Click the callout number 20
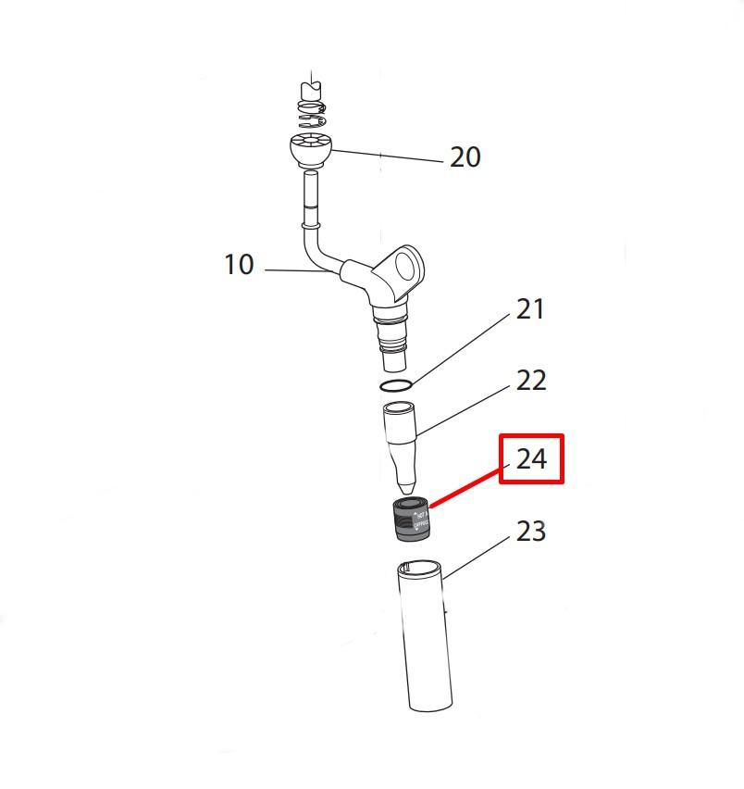465,157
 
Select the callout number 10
239,265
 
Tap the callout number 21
530,309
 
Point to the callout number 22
530,380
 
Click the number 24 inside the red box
531,459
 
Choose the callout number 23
530,532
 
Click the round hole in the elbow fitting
404,269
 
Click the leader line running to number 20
389,157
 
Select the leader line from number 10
296,271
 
